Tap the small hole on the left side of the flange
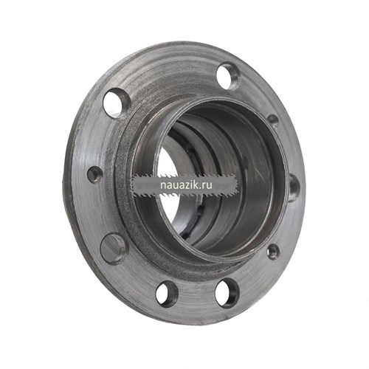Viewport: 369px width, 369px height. pyautogui.click(x=95, y=173)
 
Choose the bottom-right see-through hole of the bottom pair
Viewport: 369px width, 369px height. pyautogui.click(x=227, y=293)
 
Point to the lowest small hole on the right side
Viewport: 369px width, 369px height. pyautogui.click(x=273, y=252)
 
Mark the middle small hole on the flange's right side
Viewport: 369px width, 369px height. pyautogui.click(x=294, y=188)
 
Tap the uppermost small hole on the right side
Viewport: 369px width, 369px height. pyautogui.click(x=273, y=121)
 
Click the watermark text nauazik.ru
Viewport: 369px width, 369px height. pyautogui.click(x=186, y=185)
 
